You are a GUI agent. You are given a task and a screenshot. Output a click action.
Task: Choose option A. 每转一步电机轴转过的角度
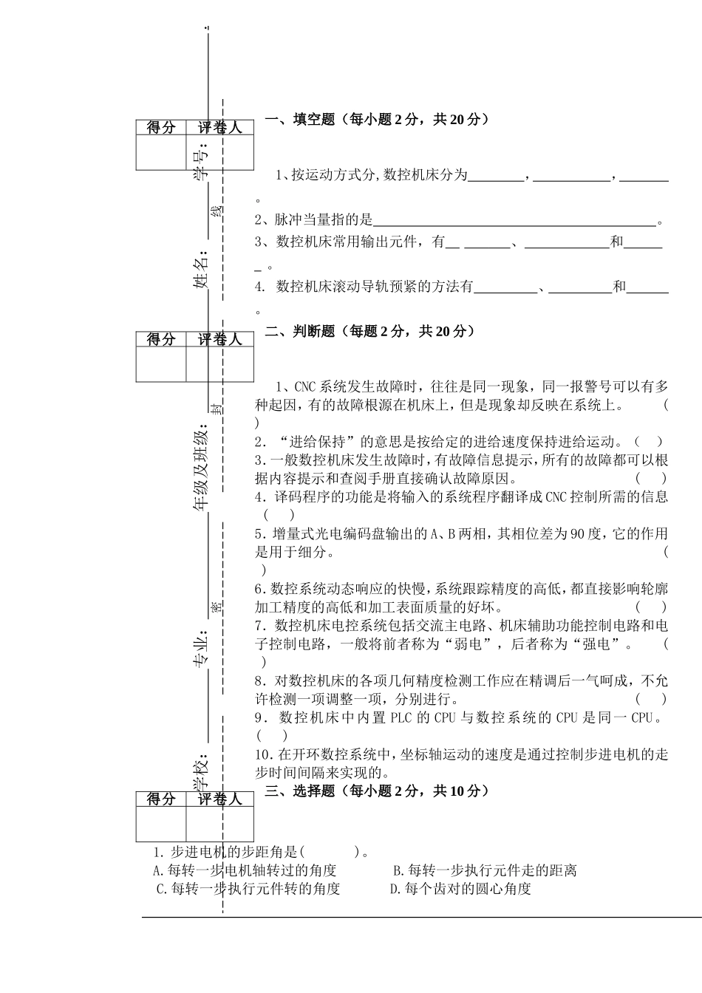[245, 870]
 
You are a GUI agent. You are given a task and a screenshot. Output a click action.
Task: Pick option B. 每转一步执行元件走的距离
[485, 870]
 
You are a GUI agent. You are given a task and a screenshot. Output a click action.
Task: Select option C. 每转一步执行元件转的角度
[248, 889]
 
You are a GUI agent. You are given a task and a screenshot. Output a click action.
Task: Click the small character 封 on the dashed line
[215, 408]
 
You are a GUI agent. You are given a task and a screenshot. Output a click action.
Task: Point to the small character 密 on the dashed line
[215, 607]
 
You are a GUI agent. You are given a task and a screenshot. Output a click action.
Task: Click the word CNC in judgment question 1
[305, 386]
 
